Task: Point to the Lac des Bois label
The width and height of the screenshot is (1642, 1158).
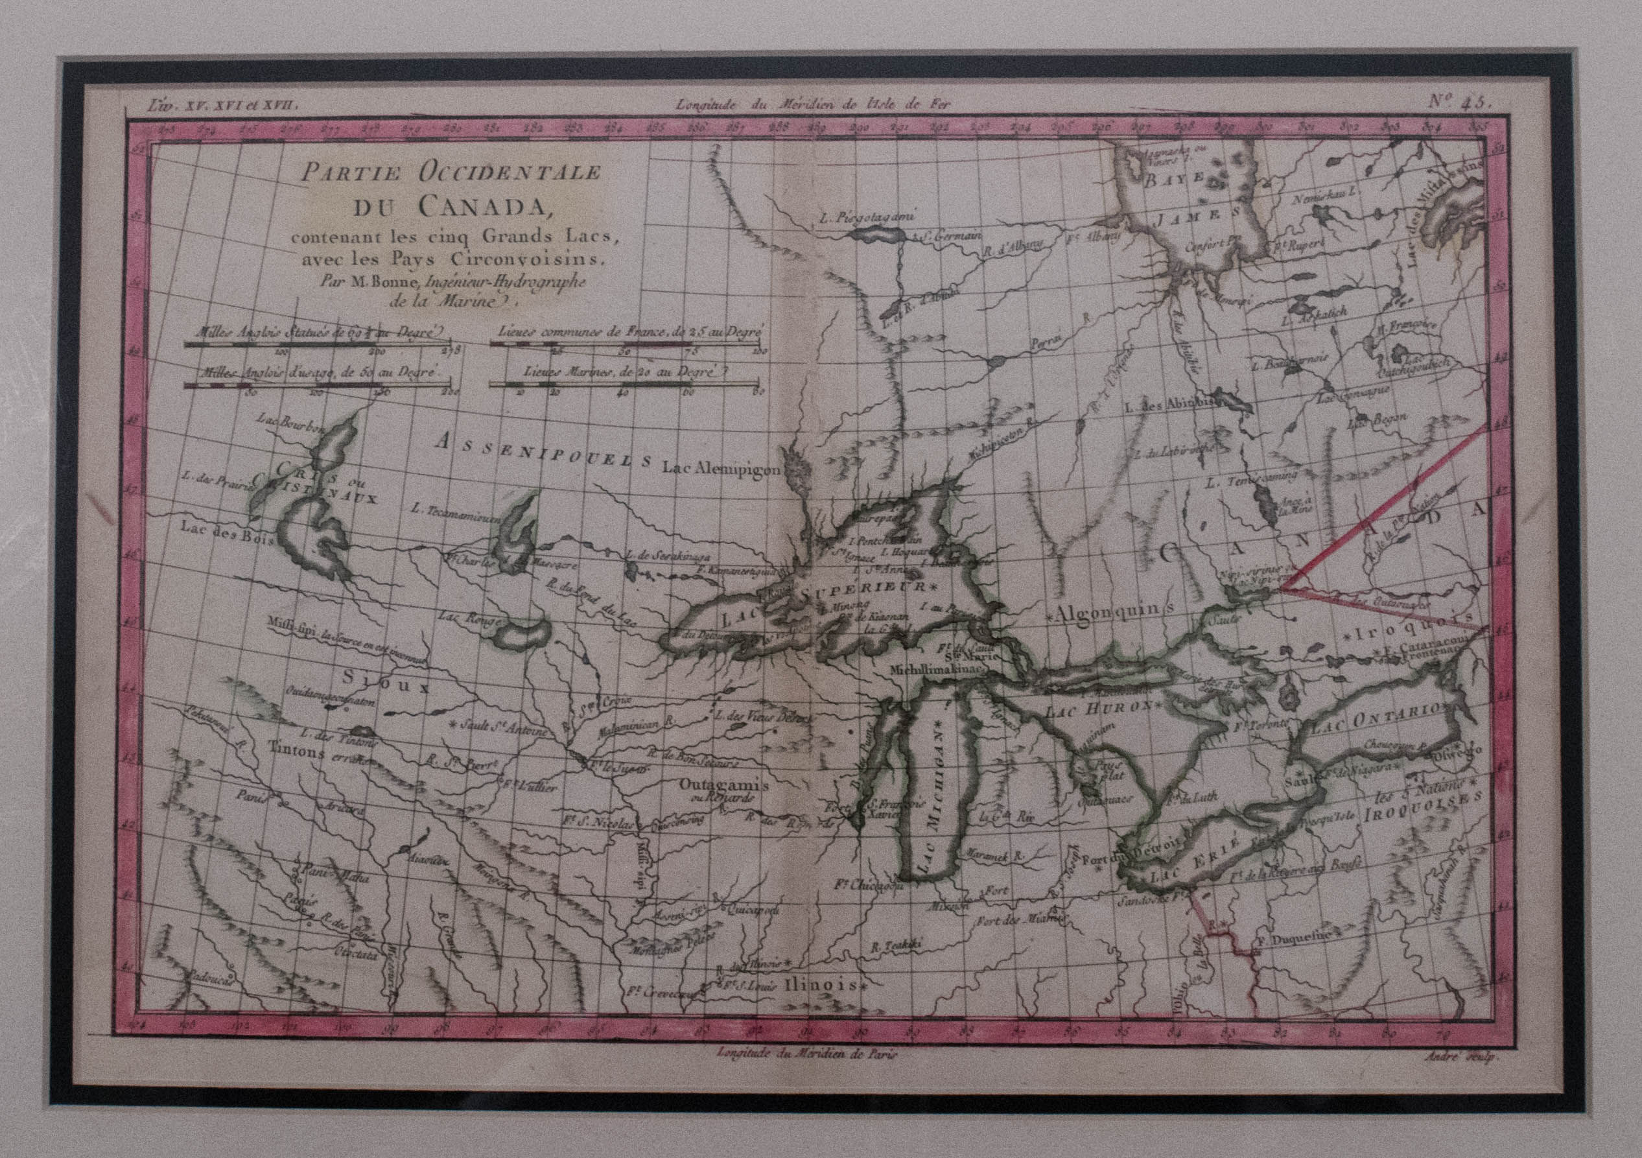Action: (227, 536)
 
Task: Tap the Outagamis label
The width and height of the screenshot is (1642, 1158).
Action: (722, 785)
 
